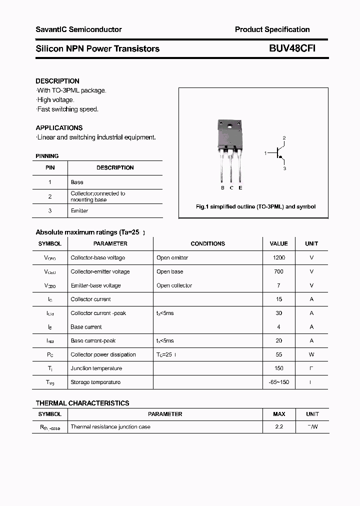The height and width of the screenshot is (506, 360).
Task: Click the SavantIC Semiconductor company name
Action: [78, 29]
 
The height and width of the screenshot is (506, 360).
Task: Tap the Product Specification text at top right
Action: [272, 29]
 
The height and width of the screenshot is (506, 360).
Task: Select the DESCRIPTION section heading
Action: [57, 81]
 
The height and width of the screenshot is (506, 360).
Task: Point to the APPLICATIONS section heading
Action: [59, 128]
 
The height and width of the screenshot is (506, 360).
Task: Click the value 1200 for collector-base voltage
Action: [278, 258]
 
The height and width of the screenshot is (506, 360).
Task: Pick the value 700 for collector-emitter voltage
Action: [278, 272]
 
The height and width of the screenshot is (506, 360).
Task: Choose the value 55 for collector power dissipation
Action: [278, 354]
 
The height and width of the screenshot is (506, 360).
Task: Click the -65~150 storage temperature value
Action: [278, 382]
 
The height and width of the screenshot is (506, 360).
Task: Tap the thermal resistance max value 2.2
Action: [279, 427]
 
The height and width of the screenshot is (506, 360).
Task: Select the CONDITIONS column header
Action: [207, 244]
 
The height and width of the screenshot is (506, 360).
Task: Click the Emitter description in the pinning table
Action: [79, 211]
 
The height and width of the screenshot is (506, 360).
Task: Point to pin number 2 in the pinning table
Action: [50, 196]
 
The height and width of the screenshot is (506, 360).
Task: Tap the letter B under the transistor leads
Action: [222, 187]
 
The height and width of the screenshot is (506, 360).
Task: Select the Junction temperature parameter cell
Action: [96, 368]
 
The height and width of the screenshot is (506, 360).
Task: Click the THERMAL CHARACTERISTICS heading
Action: [82, 403]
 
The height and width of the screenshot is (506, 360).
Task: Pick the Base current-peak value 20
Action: [278, 341]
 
